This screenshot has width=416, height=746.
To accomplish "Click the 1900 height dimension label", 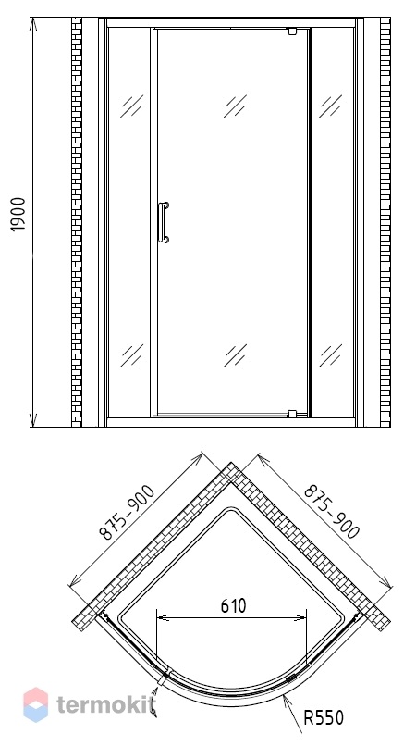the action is tap(18, 215).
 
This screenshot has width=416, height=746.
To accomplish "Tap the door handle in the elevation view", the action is tap(164, 223).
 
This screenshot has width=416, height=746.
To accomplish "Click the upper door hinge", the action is tap(292, 31).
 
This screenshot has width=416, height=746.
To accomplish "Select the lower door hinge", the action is tap(292, 414).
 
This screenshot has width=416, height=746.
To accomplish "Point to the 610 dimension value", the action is tap(234, 606).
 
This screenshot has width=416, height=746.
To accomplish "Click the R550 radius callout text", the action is tap(324, 717).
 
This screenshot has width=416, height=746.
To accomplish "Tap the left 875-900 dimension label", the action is tap(127, 513).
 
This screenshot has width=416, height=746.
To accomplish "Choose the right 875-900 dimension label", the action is tap(332, 512).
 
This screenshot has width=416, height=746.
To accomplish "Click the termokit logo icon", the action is tap(36, 704).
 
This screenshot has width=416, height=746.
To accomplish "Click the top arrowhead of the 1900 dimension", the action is tap(32, 24).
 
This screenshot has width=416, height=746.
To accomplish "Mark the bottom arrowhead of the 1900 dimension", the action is tap(32, 420).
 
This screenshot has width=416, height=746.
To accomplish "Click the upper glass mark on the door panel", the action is tap(236, 106).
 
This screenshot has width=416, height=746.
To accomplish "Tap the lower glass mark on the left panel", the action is tap(131, 355).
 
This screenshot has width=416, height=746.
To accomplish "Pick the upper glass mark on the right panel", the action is tap(330, 106).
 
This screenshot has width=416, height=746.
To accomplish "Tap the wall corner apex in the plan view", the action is tap(231, 463).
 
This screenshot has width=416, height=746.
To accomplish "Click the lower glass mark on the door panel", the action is tap(236, 355).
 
